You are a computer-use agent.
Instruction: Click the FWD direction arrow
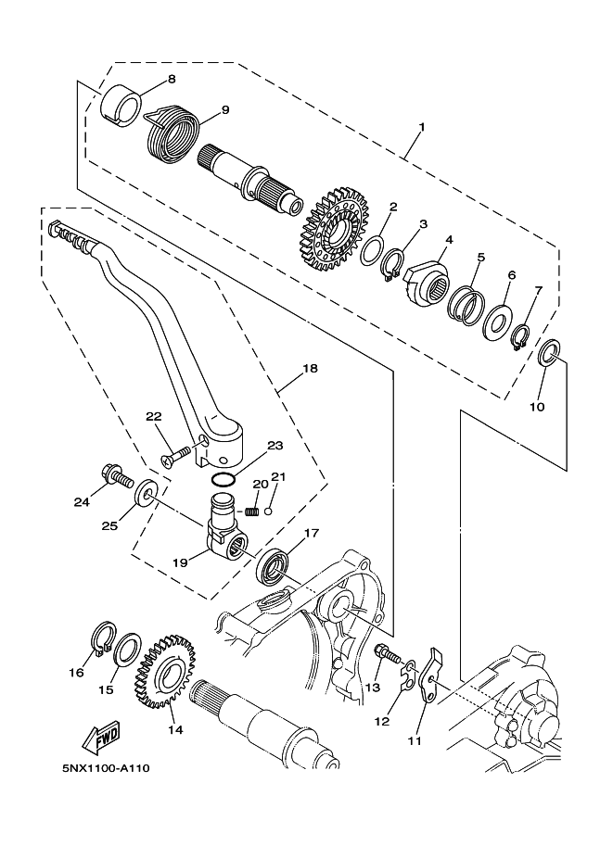(x=101, y=736)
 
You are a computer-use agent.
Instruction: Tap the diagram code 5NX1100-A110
(x=106, y=768)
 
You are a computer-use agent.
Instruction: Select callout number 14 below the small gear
(x=175, y=729)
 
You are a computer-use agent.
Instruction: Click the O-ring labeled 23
(x=223, y=479)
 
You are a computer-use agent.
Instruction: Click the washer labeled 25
(x=146, y=490)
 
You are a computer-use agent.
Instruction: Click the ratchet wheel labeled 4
(x=427, y=282)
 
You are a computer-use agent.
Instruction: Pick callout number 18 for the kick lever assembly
(x=311, y=369)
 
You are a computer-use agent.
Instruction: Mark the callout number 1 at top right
(x=422, y=127)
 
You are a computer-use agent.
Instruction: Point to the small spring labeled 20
(x=251, y=511)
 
